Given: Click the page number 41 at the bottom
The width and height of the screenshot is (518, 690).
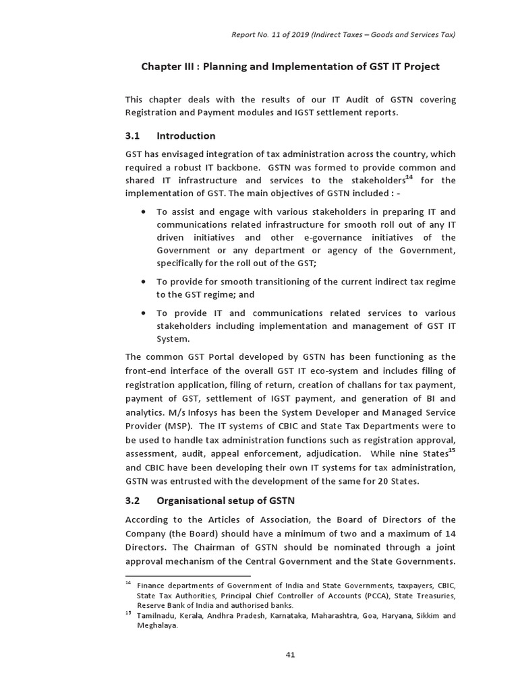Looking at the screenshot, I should pyautogui.click(x=290, y=654).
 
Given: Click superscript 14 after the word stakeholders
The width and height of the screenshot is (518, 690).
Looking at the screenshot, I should pyautogui.click(x=409, y=177).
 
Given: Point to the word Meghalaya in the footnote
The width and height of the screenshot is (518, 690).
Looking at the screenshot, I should pyautogui.click(x=157, y=625).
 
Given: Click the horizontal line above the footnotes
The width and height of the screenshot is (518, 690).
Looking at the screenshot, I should pyautogui.click(x=188, y=576).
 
